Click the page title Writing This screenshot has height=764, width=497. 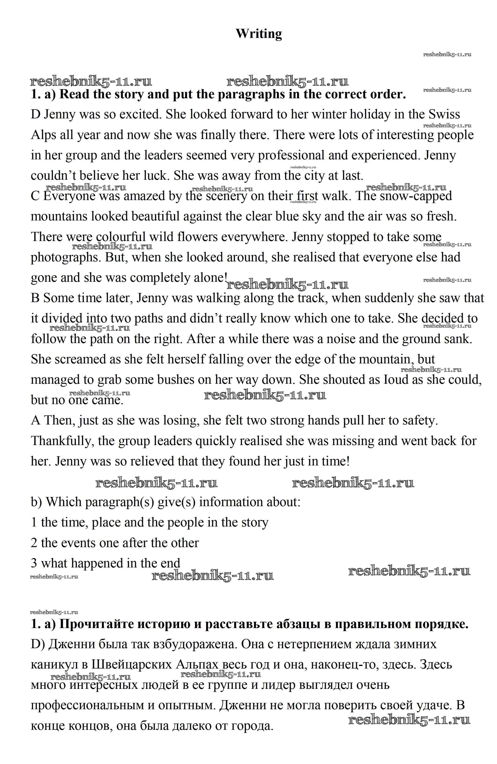coord(259,33)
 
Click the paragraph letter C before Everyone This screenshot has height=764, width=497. coord(35,196)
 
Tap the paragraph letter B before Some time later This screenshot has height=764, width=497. coord(35,298)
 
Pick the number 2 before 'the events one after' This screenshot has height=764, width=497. coord(34,543)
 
